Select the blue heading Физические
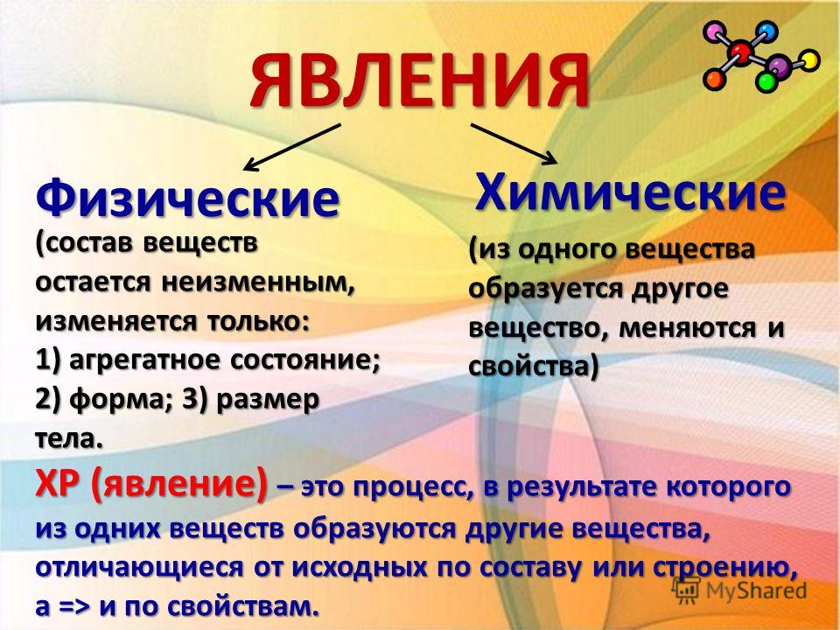187,199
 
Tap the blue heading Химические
631,192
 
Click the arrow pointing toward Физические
292,147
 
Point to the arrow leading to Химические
514,143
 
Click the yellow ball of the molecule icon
809,60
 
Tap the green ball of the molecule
766,82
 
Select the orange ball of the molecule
714,80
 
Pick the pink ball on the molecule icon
715,33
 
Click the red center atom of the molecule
742,52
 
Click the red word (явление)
178,486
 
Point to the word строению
724,567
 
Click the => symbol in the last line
75,607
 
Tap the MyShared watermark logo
739,590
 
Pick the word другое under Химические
680,290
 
